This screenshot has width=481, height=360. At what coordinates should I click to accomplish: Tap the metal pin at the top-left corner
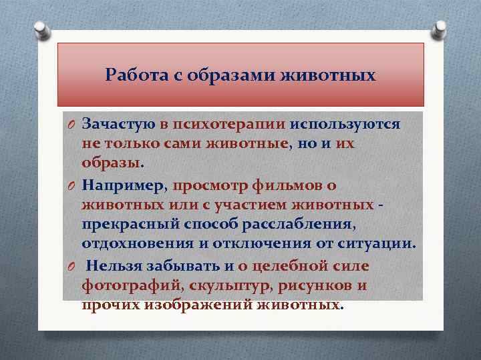(x=39, y=29)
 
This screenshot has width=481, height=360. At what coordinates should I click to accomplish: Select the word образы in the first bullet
(x=111, y=163)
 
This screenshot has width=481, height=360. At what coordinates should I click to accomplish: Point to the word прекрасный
(x=126, y=221)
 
